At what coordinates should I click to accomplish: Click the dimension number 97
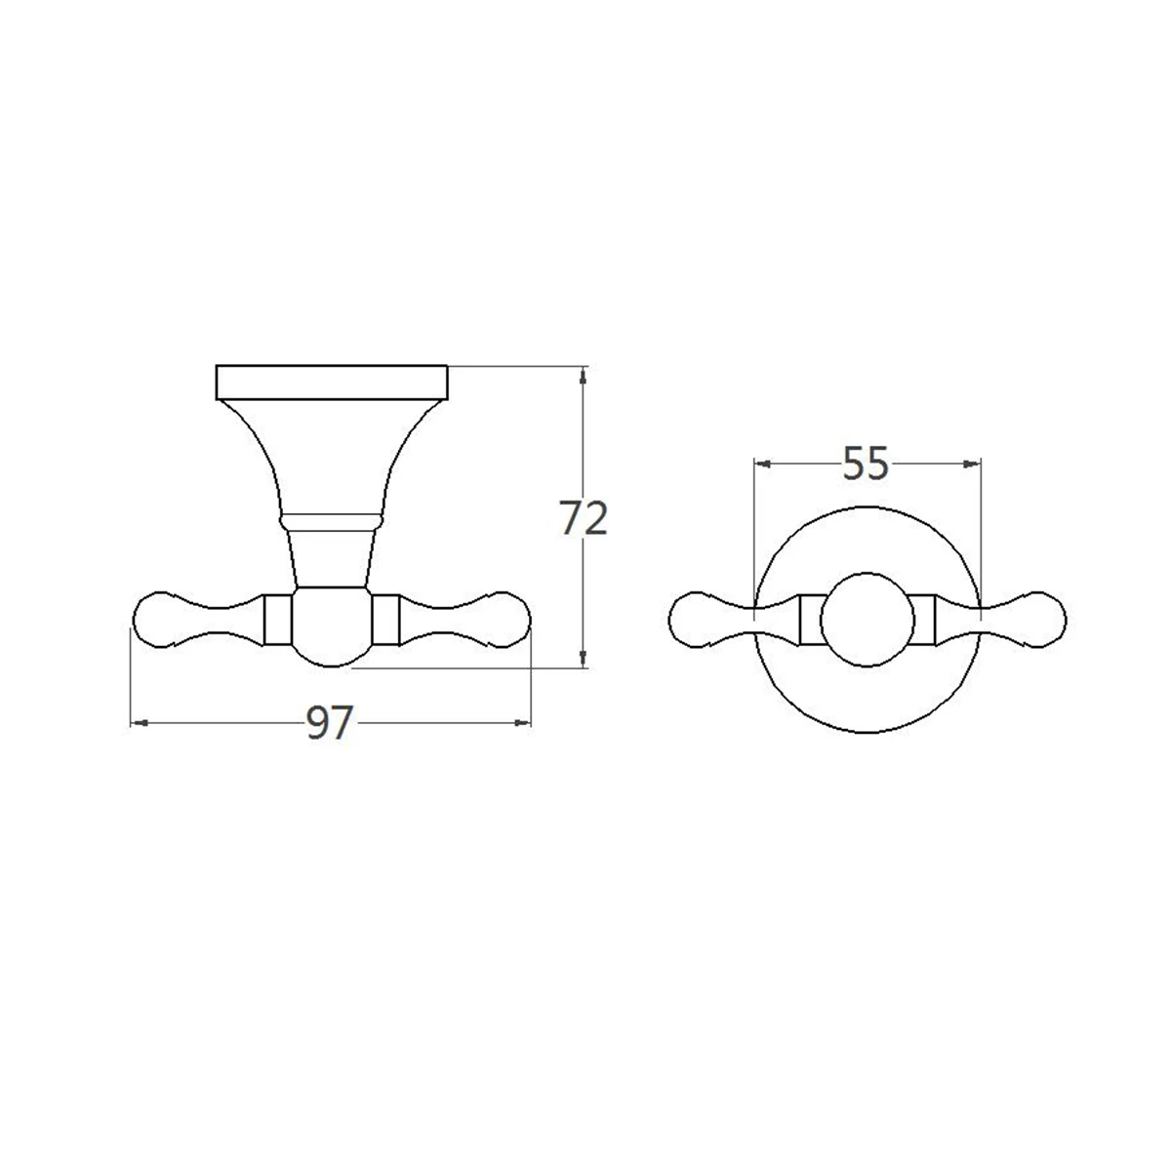330,723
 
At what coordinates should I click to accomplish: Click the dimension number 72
584,518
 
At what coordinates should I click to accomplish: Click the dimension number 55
866,464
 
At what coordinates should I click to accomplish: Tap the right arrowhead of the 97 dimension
523,723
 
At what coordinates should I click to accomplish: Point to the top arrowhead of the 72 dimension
584,375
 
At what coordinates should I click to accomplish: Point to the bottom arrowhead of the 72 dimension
584,659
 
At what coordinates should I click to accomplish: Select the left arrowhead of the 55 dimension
763,464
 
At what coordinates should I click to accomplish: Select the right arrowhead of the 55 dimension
972,464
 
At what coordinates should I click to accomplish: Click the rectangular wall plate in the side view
332,383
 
